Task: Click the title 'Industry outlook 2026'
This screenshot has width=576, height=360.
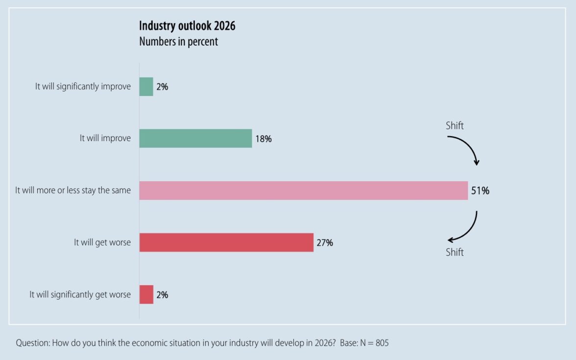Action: [x=187, y=26]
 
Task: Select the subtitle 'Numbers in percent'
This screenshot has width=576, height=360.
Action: [x=178, y=42]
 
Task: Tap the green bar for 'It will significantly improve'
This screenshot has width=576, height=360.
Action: [x=146, y=87]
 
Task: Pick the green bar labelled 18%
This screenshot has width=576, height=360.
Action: [x=195, y=138]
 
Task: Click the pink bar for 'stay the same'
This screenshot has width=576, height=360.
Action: [x=303, y=191]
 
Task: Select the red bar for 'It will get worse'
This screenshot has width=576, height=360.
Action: [x=226, y=242]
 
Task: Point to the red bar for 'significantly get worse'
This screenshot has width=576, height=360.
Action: [x=146, y=294]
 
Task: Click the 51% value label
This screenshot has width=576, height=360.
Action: [x=480, y=191]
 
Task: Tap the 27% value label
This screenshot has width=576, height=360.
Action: [x=324, y=242]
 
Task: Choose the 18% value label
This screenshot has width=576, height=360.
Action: [x=263, y=139]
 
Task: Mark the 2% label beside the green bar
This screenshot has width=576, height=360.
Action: [x=162, y=87]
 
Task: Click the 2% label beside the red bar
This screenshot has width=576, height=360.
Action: [x=162, y=295]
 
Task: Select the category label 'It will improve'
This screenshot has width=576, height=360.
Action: [x=105, y=138]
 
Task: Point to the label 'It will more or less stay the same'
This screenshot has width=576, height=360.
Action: [x=73, y=190]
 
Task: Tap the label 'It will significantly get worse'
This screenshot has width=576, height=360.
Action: [x=80, y=294]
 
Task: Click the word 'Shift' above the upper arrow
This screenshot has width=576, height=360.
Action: [x=455, y=126]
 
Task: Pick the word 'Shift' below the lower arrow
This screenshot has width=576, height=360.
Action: [x=455, y=253]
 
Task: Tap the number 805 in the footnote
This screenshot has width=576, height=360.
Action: [x=382, y=343]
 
